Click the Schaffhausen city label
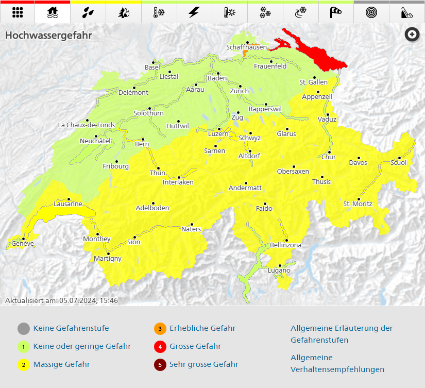[247, 47]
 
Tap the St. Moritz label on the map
[357, 204]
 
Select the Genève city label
[23, 243]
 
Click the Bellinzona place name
[285, 245]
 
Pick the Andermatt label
[245, 188]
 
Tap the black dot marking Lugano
[281, 265]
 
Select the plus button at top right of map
[412, 35]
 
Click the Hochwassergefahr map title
[48, 36]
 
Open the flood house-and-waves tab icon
[53, 12]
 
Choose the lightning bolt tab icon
[194, 12]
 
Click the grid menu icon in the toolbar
[18, 12]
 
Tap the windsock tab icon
[336, 12]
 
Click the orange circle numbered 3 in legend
[160, 328]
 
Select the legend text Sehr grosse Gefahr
[204, 364]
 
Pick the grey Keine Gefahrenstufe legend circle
[23, 328]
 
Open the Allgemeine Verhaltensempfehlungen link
[337, 363]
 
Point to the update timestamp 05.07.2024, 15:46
[89, 300]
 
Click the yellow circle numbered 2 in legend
[23, 365]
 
